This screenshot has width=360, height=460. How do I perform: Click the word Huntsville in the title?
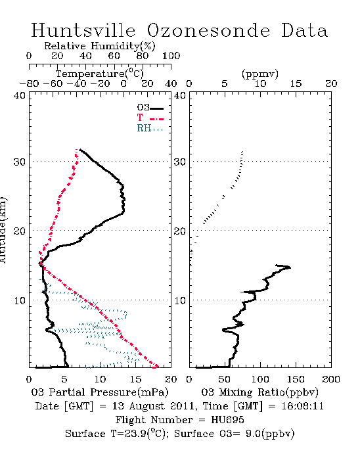(83, 30)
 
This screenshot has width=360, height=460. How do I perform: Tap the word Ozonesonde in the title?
(208, 30)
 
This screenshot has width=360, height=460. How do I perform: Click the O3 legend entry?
(150, 108)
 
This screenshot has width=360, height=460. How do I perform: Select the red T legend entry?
(150, 118)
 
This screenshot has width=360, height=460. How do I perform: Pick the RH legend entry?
(150, 128)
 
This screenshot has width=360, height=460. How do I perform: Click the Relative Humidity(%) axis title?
(100, 46)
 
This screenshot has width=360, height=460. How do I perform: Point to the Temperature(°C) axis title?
(100, 74)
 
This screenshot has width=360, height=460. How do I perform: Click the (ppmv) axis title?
(260, 74)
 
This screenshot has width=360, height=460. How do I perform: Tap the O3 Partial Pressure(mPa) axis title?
(100, 392)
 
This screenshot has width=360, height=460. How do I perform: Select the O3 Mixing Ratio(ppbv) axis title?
(259, 392)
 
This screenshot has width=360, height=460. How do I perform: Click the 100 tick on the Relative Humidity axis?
(171, 56)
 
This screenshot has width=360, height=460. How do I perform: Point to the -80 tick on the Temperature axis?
(29, 83)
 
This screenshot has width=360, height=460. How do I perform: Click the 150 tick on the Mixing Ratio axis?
(296, 379)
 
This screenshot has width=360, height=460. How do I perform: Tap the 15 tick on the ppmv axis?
(296, 83)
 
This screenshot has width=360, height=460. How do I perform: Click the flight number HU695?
(227, 420)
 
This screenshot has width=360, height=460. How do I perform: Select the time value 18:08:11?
(303, 406)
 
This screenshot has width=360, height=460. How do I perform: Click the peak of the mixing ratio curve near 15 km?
(290, 267)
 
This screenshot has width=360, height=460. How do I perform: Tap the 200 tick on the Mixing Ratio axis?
(331, 379)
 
